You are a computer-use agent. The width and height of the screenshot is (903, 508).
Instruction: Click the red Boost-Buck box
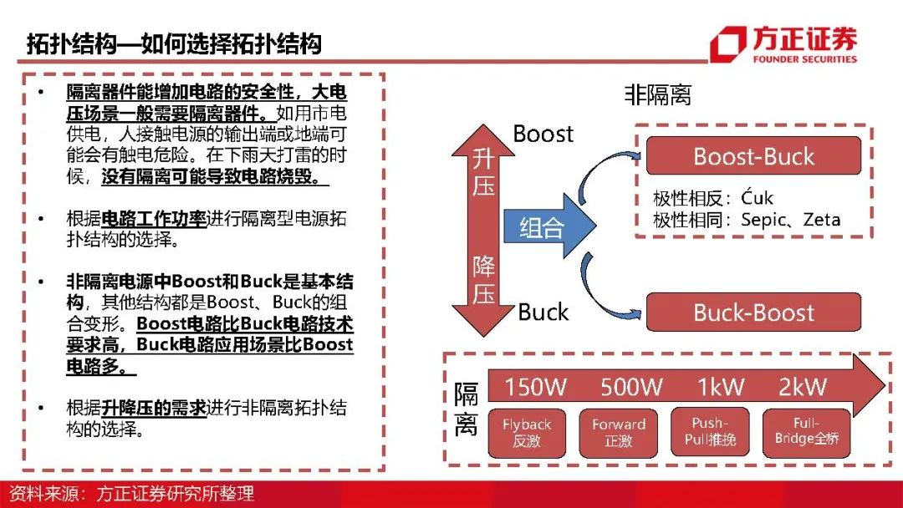coord(753,156)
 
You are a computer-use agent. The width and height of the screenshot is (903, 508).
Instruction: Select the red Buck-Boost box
coord(753,312)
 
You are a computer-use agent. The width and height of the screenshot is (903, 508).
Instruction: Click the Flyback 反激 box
coord(527,433)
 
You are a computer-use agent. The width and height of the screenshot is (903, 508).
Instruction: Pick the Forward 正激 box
coord(619,433)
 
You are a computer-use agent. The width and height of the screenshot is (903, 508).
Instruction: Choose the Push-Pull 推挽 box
coord(710,431)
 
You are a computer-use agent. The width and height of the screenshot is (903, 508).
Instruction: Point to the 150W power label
coord(535,387)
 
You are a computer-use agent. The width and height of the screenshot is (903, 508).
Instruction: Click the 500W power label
coord(631,387)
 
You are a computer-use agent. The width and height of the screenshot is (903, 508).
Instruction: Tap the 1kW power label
coord(722,387)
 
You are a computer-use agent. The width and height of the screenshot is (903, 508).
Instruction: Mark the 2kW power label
coord(802,387)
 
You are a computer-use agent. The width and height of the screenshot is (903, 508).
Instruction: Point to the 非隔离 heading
coord(658,95)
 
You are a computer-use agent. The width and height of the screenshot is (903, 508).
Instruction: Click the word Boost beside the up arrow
coord(543,134)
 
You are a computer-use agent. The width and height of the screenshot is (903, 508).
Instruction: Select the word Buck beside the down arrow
coord(543,312)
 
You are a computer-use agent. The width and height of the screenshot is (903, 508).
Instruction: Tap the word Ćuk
coord(757,199)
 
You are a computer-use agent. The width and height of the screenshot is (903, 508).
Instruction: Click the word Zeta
coord(822,221)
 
